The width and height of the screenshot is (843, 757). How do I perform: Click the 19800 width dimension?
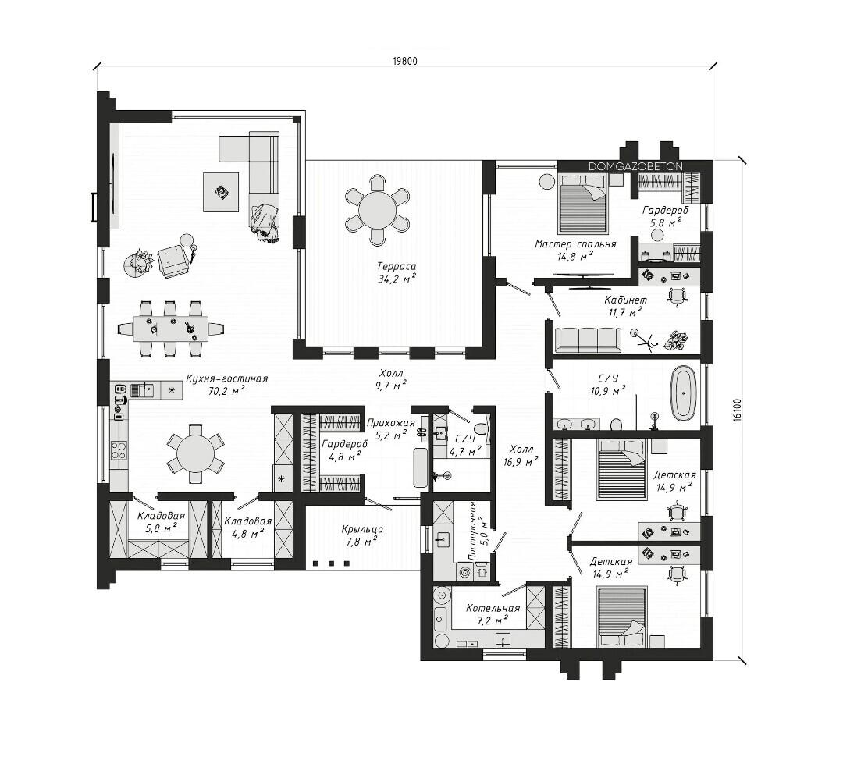click(x=405, y=61)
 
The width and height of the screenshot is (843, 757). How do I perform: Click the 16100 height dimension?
click(x=737, y=410)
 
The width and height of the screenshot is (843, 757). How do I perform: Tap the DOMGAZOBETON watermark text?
click(x=635, y=167)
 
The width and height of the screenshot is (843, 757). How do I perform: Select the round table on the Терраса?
click(x=378, y=208)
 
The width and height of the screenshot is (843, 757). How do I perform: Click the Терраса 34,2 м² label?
click(x=397, y=272)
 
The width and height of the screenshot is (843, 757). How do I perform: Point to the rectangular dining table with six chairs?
click(x=170, y=329)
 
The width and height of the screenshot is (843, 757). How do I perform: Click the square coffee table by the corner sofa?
click(x=221, y=192)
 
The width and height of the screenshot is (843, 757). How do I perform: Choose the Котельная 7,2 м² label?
click(x=493, y=614)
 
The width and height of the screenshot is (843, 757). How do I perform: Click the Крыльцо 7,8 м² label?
click(x=362, y=535)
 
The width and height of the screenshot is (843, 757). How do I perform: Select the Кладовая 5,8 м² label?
click(x=161, y=521)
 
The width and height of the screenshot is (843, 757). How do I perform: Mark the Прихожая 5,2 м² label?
click(x=391, y=429)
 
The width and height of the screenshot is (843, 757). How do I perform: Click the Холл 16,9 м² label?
click(x=521, y=455)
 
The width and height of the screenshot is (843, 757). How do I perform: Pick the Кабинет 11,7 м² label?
click(x=625, y=306)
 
